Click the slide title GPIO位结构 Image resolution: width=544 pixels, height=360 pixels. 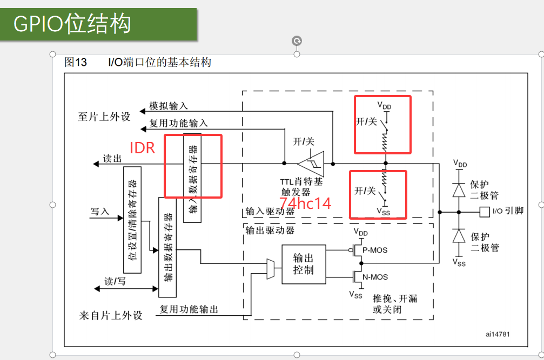tap(72, 24)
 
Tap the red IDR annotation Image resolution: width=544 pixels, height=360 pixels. tap(143, 148)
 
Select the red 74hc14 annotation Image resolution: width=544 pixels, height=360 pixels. tap(305, 203)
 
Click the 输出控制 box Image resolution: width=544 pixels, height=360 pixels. tap(304, 264)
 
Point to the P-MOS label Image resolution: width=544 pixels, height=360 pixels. tap(375, 250)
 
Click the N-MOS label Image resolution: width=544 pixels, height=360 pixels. tap(375, 277)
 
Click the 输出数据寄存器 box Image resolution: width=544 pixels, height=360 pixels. tap(167, 247)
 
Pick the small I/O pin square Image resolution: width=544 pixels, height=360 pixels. tap(485, 212)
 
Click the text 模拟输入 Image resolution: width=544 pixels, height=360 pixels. tap(169, 106)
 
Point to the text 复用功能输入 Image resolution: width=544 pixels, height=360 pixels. tap(178, 124)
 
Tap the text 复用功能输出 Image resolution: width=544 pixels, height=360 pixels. tap(189, 309)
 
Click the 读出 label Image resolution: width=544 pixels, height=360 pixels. tap(112, 159)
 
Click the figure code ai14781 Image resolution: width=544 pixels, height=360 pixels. tap(497, 334)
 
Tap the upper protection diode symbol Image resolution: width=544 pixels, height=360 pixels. tap(459, 189)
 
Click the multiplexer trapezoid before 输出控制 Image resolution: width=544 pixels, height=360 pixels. tap(271, 269)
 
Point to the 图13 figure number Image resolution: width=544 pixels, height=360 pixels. tap(76, 62)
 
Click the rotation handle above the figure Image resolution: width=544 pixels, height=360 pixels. tap(297, 40)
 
